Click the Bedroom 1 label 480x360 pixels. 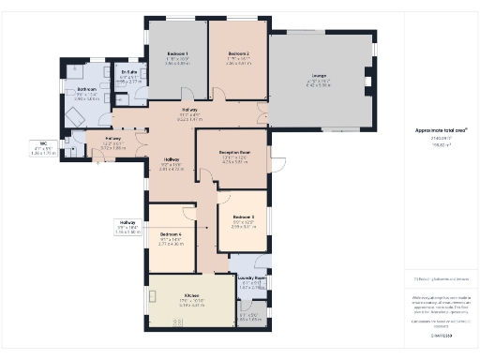(177, 54)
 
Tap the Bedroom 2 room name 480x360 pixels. (238, 54)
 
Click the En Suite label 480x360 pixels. (131, 71)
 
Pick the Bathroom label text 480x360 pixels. (87, 90)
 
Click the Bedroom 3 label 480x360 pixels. (242, 217)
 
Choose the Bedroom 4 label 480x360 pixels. (170, 233)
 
